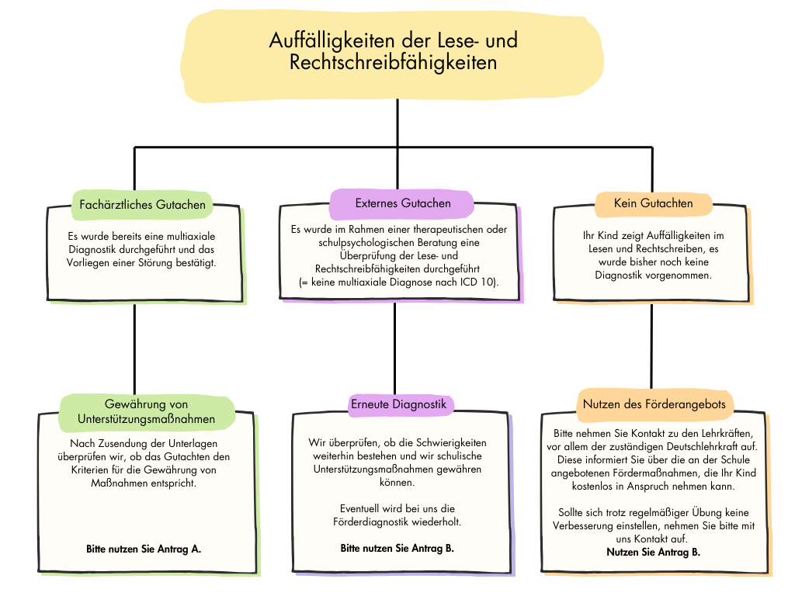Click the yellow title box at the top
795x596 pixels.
(x=394, y=54)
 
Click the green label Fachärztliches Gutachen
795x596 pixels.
(x=143, y=205)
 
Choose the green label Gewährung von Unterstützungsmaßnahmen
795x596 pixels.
(x=147, y=412)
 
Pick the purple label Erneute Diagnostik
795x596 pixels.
(x=397, y=404)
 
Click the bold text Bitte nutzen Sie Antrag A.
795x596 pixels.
(x=144, y=549)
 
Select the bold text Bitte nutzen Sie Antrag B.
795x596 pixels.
(x=397, y=548)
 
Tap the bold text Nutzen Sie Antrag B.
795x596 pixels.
(x=653, y=552)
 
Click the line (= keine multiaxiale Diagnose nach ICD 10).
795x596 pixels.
(x=398, y=283)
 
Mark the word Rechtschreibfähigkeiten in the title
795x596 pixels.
(x=393, y=63)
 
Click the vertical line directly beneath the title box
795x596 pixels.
(x=397, y=124)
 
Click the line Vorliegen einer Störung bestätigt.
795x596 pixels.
(x=141, y=262)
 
